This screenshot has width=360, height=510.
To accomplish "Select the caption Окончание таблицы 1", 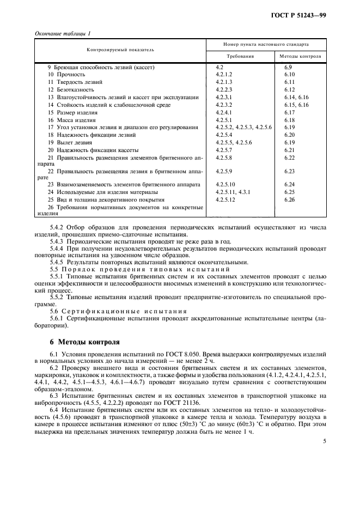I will (63, 34).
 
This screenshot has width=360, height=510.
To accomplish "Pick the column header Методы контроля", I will (300, 56).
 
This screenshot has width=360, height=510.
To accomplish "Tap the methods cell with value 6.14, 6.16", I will (296, 97).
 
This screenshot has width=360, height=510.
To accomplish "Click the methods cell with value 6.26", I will (289, 200).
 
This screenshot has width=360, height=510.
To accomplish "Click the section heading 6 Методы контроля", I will (84, 343).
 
